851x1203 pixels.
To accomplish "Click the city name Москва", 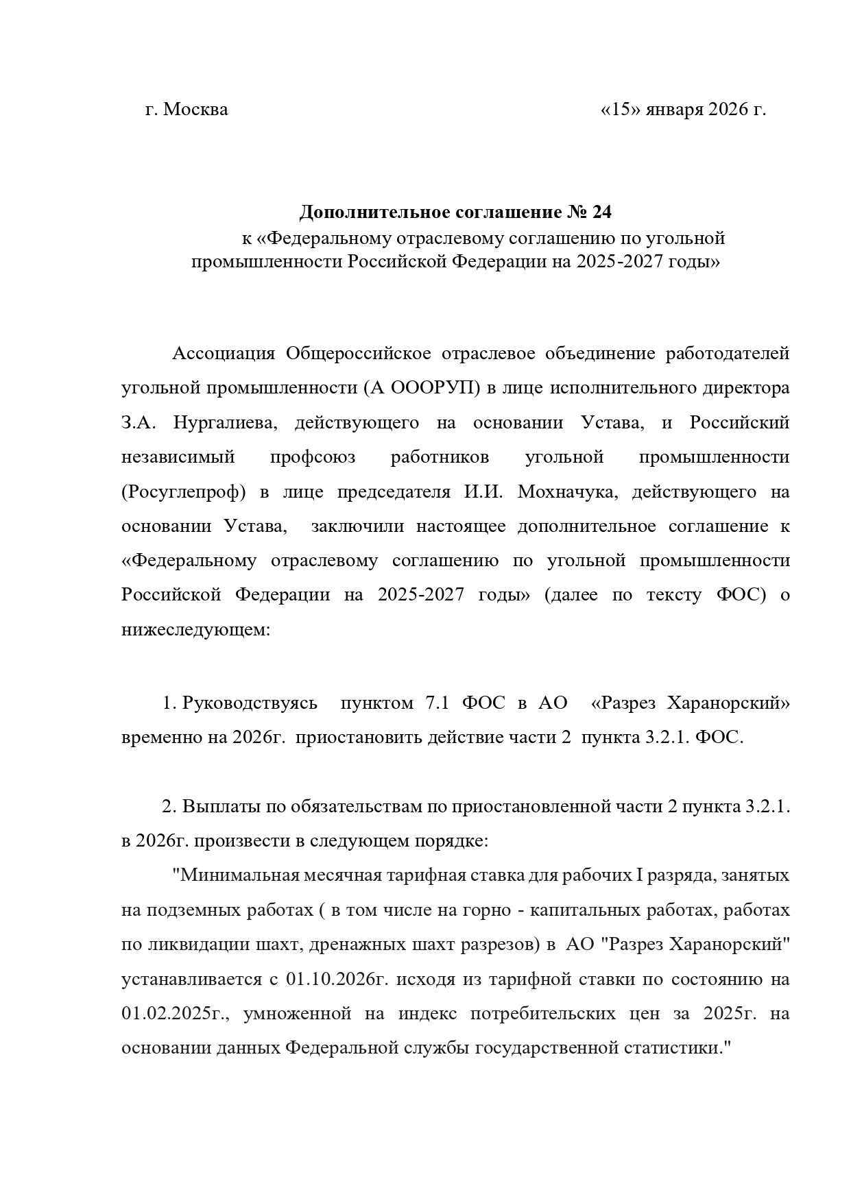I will [x=196, y=110].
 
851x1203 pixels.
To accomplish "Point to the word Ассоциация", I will [x=223, y=354].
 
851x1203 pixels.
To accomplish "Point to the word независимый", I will [x=178, y=457].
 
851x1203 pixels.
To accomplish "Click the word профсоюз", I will [x=313, y=457].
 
